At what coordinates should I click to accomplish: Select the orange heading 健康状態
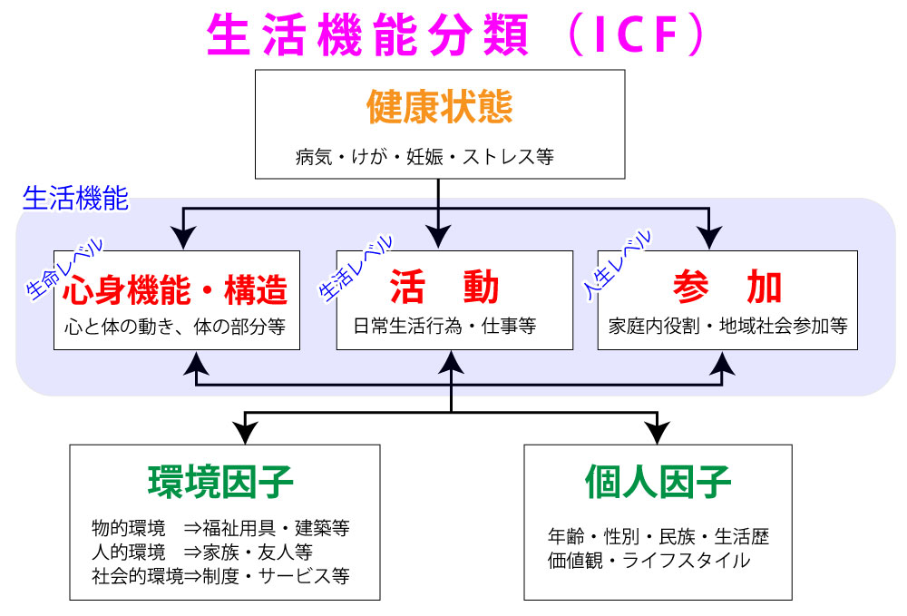(x=440, y=107)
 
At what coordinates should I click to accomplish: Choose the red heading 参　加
(x=727, y=288)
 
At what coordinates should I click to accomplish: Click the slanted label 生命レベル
(x=65, y=269)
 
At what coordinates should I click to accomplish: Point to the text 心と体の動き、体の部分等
(x=176, y=326)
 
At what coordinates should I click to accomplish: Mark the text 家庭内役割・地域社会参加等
(x=727, y=326)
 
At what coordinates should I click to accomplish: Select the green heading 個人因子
(x=658, y=482)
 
